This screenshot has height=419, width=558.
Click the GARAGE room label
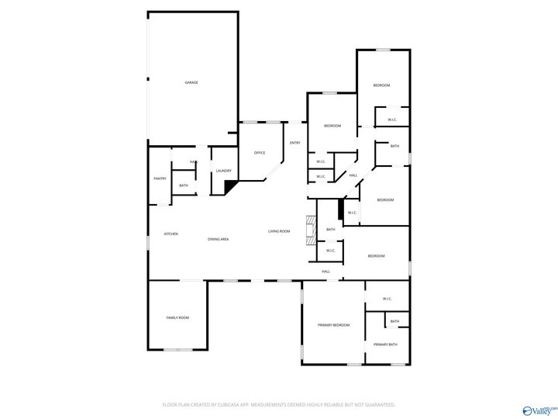pyautogui.click(x=191, y=82)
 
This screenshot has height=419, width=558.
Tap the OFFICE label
pyautogui.click(x=260, y=153)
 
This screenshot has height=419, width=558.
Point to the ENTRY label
pyautogui.click(x=295, y=143)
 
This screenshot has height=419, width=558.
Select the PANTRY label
pyautogui.click(x=160, y=178)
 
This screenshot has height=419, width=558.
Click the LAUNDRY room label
pyautogui.click(x=224, y=171)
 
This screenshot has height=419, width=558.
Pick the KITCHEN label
pyautogui.click(x=170, y=234)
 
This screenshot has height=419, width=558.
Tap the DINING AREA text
pyautogui.click(x=218, y=239)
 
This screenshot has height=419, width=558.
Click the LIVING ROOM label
pyautogui.click(x=279, y=231)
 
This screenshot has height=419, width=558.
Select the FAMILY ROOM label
pyautogui.click(x=177, y=317)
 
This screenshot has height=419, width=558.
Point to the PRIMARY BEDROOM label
pyautogui.click(x=333, y=325)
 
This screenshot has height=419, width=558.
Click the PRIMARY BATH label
pyautogui.click(x=385, y=345)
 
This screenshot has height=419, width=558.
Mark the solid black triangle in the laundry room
pyautogui.click(x=229, y=187)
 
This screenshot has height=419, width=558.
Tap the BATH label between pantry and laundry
pyautogui.click(x=184, y=185)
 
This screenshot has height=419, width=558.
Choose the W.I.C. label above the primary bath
pyautogui.click(x=387, y=299)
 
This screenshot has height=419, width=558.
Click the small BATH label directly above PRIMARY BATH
pyautogui.click(x=394, y=321)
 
